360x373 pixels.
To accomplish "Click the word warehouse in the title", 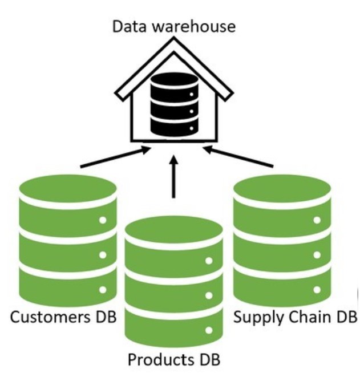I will (x=195, y=26).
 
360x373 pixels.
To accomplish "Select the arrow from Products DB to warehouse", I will (x=173, y=177).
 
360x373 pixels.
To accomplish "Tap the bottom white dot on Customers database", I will (x=103, y=290).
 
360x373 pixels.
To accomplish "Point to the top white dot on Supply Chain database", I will (x=317, y=219).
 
